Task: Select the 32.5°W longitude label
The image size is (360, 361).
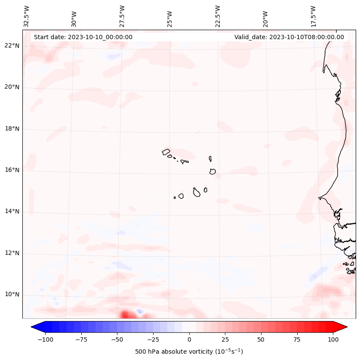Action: pos(27,16)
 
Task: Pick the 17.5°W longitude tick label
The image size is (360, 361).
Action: pos(313,16)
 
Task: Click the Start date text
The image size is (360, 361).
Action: pos(83,37)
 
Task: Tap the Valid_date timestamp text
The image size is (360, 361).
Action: pos(289,37)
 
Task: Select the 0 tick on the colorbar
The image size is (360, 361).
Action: pos(189,339)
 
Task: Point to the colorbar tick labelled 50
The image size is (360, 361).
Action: pos(261,339)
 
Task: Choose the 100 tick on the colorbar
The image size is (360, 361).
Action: pos(333,339)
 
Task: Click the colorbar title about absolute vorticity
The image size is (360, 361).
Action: pos(189,352)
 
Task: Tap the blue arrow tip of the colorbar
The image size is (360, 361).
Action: pos(34,327)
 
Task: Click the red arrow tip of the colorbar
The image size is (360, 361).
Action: pos(345,327)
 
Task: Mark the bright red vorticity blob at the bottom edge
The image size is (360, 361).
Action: pos(125,315)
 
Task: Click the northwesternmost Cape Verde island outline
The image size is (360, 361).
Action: pos(166,152)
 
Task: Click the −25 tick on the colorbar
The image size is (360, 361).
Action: pos(153,339)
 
